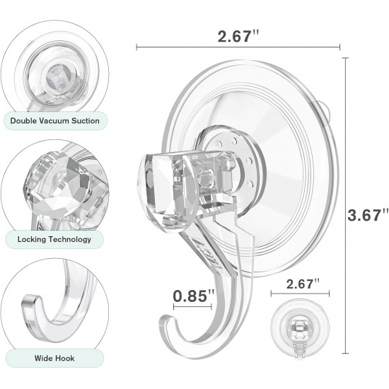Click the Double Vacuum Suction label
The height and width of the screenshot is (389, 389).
[x=54, y=120]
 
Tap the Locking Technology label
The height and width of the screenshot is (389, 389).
[x=54, y=239]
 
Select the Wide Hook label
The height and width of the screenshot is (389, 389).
[x=54, y=359]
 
